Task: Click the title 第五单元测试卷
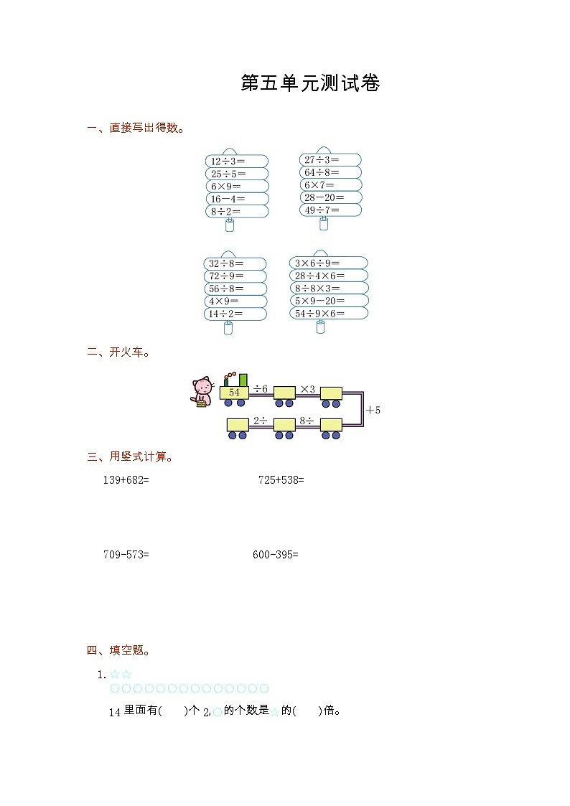tap(310, 83)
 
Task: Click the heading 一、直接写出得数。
tap(136, 128)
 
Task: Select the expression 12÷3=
tap(228, 161)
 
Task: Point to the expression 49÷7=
tap(321, 210)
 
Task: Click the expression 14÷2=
tap(226, 314)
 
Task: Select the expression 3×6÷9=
tap(317, 263)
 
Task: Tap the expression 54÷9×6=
tap(319, 314)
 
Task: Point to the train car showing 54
tap(234, 393)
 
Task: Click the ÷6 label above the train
tap(261, 388)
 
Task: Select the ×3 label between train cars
tap(307, 389)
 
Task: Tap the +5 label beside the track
tap(373, 411)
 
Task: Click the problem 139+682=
tap(126, 479)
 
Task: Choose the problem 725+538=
tap(281, 479)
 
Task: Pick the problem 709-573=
tap(126, 554)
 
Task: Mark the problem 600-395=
tap(275, 554)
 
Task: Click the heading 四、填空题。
tap(119, 651)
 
